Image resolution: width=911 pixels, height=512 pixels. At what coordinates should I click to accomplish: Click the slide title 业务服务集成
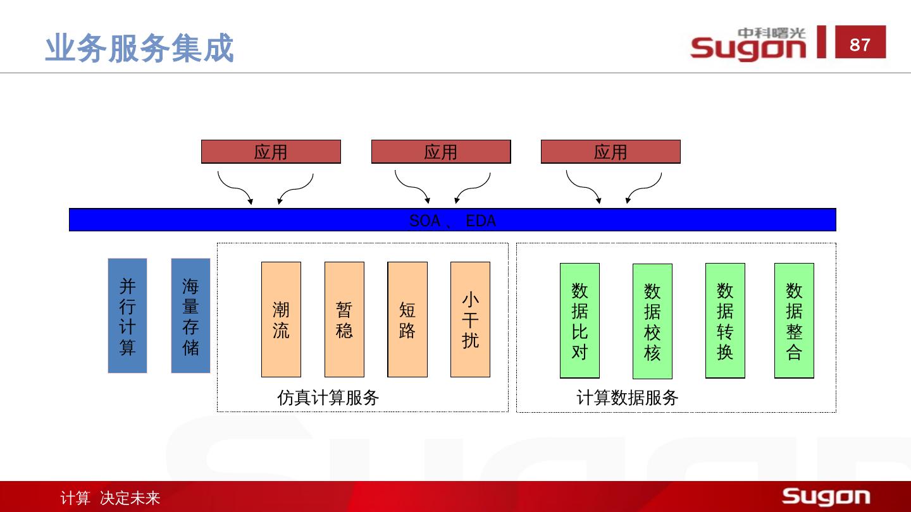tap(139, 49)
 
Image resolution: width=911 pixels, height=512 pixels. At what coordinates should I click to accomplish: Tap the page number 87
tap(860, 44)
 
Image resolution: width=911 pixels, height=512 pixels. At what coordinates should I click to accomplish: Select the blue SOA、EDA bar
tap(452, 220)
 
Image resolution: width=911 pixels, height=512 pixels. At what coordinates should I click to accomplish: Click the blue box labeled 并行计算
tap(127, 315)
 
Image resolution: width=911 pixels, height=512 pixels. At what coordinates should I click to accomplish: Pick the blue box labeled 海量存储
tap(190, 315)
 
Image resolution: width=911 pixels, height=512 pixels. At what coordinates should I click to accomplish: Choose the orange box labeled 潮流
tap(281, 319)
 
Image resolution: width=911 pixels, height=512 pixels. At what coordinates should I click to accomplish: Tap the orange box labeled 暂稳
tap(344, 319)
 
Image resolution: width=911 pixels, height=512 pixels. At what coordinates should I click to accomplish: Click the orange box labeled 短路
tap(407, 319)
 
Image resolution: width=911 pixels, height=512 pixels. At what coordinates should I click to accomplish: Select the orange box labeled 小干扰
tap(470, 319)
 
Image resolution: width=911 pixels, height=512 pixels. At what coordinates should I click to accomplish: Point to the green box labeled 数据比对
tap(579, 320)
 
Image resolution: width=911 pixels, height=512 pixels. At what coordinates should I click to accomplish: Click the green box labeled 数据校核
tap(652, 321)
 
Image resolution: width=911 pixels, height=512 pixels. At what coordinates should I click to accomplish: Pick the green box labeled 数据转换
tap(725, 320)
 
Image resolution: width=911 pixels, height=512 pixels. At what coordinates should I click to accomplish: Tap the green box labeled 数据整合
tap(794, 320)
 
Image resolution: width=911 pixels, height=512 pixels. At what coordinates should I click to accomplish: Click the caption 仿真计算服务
tap(328, 398)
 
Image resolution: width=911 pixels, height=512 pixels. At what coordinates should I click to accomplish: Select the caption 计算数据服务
tap(627, 398)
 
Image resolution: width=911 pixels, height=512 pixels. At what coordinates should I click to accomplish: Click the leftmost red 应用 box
tap(271, 152)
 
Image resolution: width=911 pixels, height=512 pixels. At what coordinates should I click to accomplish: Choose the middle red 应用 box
tap(441, 152)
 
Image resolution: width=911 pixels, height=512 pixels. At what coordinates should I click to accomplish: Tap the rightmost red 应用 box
tap(610, 152)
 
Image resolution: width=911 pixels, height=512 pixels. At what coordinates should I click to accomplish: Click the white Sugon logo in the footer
tap(826, 497)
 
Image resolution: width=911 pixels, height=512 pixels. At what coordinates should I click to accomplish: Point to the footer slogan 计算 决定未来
tap(110, 498)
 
